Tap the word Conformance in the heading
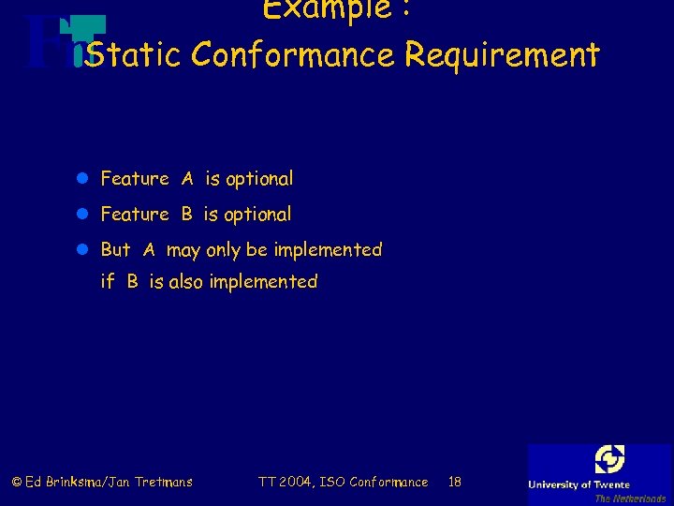point(293,55)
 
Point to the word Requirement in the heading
point(502,55)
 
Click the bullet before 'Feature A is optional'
point(84,179)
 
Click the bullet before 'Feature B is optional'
point(84,215)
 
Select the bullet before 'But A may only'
point(84,250)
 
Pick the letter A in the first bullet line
point(187,178)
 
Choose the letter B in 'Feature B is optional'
point(186,214)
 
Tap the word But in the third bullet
point(115,249)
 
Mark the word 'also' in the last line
point(186,281)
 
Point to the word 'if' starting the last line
point(107,281)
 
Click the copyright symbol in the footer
point(16,482)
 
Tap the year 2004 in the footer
point(296,482)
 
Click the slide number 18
point(455,482)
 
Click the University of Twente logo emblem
point(609,459)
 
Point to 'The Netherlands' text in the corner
point(630,499)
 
